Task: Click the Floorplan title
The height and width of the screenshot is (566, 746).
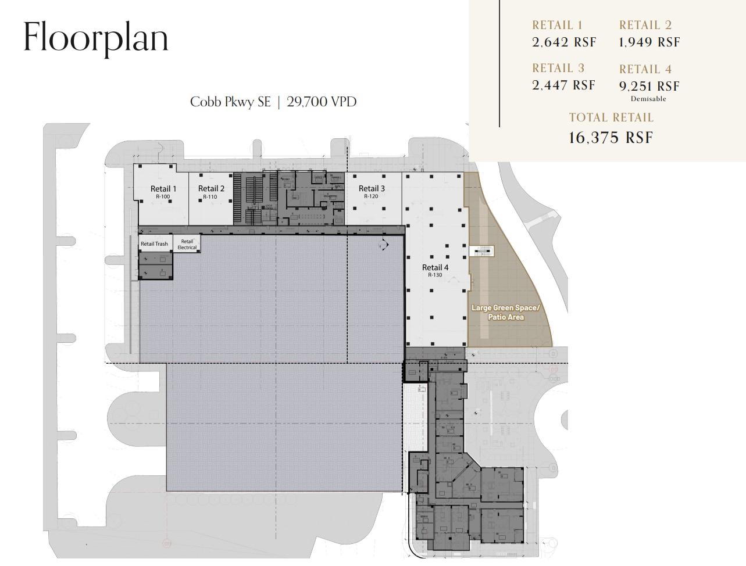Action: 96,38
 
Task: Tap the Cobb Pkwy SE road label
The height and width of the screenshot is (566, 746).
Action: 230,102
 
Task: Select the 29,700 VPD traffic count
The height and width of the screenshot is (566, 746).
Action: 322,102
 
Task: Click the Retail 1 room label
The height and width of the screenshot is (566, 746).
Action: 163,189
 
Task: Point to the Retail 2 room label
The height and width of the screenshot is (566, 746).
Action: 211,189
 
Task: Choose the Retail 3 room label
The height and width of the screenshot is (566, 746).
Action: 372,189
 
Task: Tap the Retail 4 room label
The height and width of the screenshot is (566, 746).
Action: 435,268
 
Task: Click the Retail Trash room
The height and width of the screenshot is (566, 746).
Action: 154,244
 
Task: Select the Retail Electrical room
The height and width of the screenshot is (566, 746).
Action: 187,244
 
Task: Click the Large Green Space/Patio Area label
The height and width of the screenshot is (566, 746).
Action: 505,313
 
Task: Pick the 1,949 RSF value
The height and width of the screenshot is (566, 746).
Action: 649,42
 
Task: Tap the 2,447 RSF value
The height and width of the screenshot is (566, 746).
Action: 563,85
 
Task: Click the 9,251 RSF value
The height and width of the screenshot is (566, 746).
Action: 649,87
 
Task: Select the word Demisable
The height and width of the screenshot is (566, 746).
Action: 648,99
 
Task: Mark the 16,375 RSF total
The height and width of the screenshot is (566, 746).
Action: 611,138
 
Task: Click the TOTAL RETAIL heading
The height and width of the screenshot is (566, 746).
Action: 611,117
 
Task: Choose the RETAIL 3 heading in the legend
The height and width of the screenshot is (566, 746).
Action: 558,69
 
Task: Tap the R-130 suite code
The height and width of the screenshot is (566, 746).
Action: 435,275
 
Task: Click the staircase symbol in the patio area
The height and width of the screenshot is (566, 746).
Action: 482,251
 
